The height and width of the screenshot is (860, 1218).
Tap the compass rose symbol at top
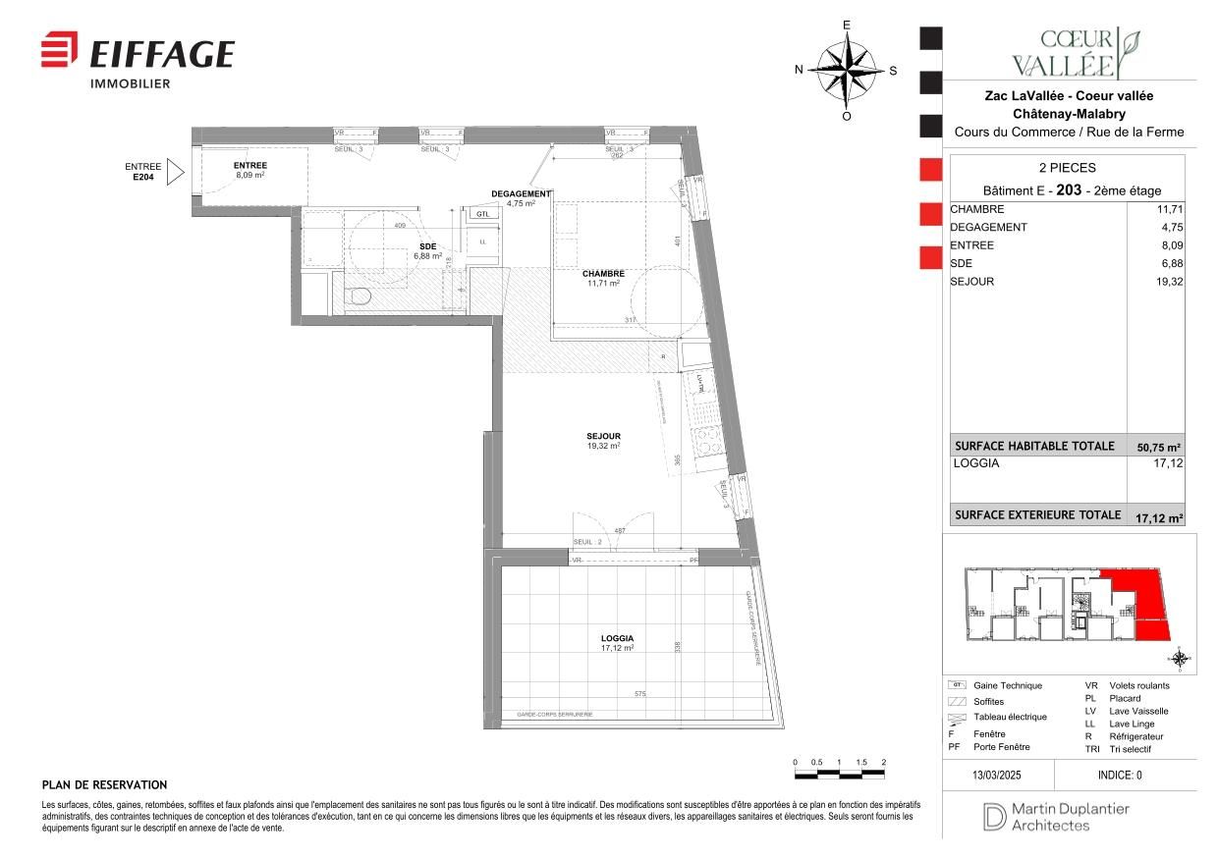pyautogui.click(x=847, y=70)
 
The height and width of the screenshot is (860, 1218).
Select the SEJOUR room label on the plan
pyautogui.click(x=604, y=437)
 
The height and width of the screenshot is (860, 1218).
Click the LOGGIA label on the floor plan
pyautogui.click(x=617, y=638)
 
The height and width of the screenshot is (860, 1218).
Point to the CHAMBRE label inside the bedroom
pyautogui.click(x=603, y=274)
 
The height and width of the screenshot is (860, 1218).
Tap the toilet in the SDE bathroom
pyautogui.click(x=359, y=295)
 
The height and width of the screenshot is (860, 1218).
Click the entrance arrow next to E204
pyautogui.click(x=176, y=173)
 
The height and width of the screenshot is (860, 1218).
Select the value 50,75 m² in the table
pyautogui.click(x=1158, y=448)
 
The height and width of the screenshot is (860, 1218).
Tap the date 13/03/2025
pyautogui.click(x=997, y=775)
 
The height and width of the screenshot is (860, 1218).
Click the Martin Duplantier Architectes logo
pyautogui.click(x=1057, y=817)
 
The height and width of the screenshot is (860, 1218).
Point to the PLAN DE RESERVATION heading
pyautogui.click(x=104, y=785)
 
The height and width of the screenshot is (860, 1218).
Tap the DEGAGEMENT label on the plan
pyautogui.click(x=521, y=194)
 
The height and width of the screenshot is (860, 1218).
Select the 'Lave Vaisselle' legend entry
pyautogui.click(x=1138, y=711)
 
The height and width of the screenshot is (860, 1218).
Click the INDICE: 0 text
pyautogui.click(x=1120, y=775)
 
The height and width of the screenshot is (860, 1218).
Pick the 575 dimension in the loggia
pyautogui.click(x=639, y=694)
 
